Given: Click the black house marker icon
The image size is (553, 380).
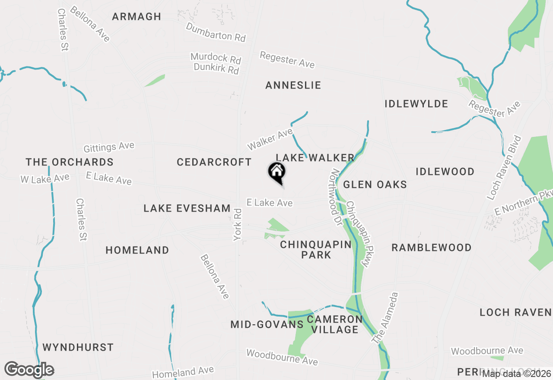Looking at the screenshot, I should point(277,172).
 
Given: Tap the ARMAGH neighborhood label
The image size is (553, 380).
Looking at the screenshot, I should point(137,17).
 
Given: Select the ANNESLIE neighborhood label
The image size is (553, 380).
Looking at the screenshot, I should point(293,85).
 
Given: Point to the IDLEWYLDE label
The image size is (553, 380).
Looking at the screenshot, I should point(416,104).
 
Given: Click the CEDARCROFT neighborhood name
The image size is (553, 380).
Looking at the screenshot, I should point(214,162).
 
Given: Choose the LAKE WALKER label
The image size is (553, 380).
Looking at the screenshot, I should point(315,158).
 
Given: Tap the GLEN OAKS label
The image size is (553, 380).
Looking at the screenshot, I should point(375,185).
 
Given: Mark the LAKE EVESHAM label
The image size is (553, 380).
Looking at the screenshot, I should point(187,209).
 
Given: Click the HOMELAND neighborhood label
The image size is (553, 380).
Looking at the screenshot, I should point(137,250).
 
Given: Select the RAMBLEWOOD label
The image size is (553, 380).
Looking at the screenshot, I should point(432,248).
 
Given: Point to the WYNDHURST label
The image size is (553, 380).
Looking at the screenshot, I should point(78,348).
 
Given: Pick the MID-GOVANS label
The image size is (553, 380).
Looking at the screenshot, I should point(267,325).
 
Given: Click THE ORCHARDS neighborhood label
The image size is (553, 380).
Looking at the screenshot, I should point(70,162).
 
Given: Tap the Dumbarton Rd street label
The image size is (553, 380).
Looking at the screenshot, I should point(216,32).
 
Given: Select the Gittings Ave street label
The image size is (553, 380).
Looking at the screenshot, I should point(109,147).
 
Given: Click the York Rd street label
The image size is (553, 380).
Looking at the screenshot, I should point(238,225).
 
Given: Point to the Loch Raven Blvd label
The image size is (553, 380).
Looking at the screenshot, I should point(504,168).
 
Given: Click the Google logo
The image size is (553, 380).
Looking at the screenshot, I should point(29,370).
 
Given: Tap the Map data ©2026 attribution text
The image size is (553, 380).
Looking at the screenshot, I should point(516,374).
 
